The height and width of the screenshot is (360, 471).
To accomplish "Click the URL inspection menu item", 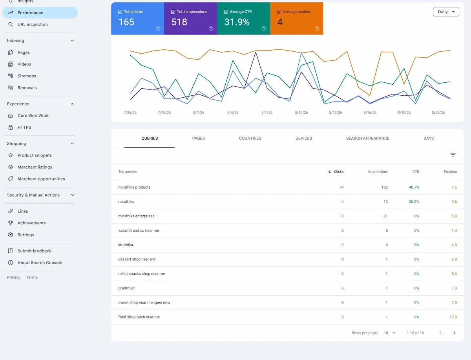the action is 33,24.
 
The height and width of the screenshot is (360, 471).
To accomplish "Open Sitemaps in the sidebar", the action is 27,76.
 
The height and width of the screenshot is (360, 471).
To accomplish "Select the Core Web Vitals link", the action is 33,116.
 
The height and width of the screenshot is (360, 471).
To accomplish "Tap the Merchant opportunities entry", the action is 41,179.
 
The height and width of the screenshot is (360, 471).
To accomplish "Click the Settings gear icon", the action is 11,235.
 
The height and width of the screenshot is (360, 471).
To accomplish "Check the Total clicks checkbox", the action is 120,12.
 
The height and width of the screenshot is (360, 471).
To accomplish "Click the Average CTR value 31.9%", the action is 237,22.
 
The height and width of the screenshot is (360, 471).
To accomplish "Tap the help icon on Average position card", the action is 317,29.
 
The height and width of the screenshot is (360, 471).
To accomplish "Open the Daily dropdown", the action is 446,12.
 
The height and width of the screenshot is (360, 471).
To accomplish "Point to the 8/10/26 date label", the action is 301,113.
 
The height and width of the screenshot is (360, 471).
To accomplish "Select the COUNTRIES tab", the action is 250,138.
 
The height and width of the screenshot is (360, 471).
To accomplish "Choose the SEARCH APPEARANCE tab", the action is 367,138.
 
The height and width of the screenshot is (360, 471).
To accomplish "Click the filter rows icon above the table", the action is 453,155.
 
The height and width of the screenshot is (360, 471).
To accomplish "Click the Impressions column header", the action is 378,172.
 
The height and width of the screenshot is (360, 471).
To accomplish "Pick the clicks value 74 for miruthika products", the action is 341,187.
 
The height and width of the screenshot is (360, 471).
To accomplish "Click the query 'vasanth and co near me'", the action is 139,231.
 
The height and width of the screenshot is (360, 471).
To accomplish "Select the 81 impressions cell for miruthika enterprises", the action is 385,216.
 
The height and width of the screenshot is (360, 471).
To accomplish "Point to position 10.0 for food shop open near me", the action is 453,317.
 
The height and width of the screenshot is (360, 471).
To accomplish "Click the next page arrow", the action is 454,333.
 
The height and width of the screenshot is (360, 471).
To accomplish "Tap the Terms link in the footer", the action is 32,277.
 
